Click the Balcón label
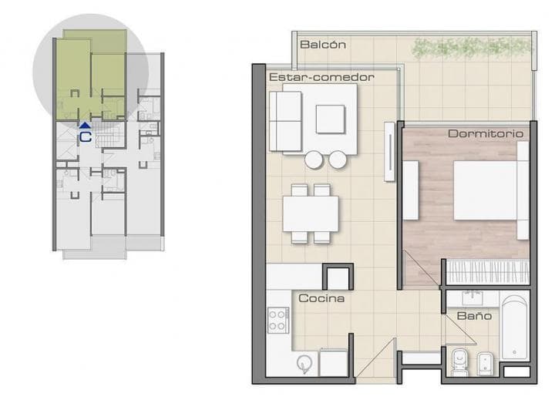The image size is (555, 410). coord(323,45)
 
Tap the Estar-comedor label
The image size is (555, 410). coord(321,77)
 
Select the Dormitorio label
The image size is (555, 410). coord(486,133)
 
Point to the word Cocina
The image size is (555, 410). coord(321,298)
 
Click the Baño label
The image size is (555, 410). coord(474,315)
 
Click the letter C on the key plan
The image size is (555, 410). coord(86,137)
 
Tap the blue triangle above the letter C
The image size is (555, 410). coord(85,125)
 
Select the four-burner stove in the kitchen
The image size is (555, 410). coord(278,320)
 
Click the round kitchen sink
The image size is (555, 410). coord(304,363)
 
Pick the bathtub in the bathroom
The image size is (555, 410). coord(515,328)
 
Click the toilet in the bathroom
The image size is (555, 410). coord(459,361)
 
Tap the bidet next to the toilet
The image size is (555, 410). coord(485,362)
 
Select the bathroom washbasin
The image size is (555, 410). coord(473,298)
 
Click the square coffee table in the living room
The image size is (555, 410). coord(330,119)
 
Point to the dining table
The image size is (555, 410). coord(311,213)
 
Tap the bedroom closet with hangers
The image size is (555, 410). coord(487,272)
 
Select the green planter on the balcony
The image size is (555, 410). coord(473,48)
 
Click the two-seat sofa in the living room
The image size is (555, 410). coord(285,121)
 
